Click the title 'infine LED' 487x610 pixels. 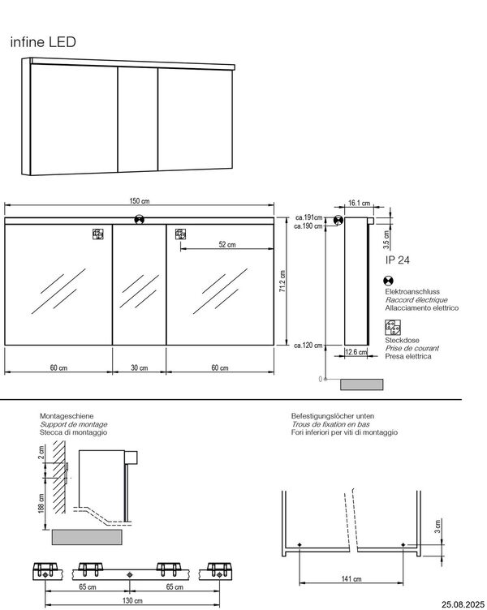(x=43, y=42)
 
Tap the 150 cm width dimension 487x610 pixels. (x=140, y=201)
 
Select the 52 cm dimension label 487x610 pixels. (x=226, y=244)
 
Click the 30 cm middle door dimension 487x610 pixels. (x=140, y=367)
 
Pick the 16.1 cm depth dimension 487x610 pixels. (x=359, y=204)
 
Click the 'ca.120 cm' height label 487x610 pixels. (x=309, y=346)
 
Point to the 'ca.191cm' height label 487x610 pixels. (x=308, y=217)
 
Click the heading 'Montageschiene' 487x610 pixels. (x=62, y=416)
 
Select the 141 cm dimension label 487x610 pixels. (x=351, y=578)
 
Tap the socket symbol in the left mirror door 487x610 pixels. (x=97, y=235)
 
